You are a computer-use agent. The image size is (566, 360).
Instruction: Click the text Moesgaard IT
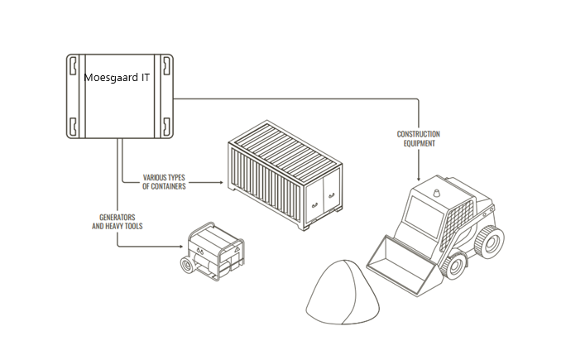[x=117, y=77]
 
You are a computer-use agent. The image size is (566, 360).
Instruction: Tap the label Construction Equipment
[x=419, y=138]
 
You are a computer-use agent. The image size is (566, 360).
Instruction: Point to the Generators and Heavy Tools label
[x=116, y=221]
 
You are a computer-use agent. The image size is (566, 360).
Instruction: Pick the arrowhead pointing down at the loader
[x=420, y=177]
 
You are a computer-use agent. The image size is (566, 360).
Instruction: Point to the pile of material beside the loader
[x=338, y=290]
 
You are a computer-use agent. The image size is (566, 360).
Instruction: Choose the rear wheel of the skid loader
[x=493, y=242]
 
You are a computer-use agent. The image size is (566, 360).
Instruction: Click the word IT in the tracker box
[x=145, y=77]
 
